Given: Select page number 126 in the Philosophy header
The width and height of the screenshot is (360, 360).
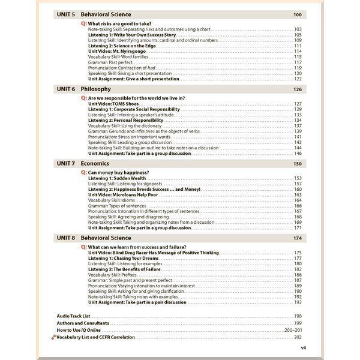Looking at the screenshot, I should (x=297, y=89).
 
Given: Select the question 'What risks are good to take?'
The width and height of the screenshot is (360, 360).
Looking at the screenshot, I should (x=121, y=24).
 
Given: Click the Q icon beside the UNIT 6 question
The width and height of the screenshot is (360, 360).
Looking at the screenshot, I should (x=83, y=98).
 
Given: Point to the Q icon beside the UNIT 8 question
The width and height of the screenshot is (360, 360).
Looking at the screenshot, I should (x=83, y=247).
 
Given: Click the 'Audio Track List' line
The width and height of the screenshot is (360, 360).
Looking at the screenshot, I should (x=73, y=316).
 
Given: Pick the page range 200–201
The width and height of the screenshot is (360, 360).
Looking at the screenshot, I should (x=293, y=330).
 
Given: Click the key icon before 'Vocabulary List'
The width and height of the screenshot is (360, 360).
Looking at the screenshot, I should (x=53, y=338).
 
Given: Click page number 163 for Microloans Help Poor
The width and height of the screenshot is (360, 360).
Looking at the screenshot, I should (x=298, y=195).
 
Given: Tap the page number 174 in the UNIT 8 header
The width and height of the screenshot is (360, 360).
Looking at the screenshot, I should (x=297, y=238).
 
